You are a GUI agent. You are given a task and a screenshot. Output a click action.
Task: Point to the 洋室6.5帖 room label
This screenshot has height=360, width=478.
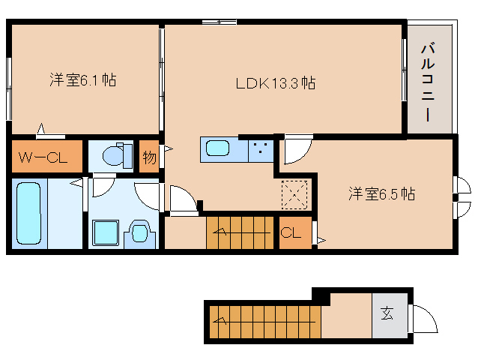[x=381, y=194]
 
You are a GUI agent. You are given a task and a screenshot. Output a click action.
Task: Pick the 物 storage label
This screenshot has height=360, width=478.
[x=149, y=157]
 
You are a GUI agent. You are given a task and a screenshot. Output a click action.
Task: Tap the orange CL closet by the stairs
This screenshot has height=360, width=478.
[x=294, y=232]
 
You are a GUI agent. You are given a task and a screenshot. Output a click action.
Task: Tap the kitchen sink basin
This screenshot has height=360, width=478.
[x=220, y=148]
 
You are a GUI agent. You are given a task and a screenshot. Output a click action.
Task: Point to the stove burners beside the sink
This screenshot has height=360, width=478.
[x=261, y=148]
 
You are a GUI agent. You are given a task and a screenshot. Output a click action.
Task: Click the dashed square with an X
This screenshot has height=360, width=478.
[x=294, y=196]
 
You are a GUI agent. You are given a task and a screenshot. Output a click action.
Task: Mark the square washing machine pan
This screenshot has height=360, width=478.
[x=105, y=232]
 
